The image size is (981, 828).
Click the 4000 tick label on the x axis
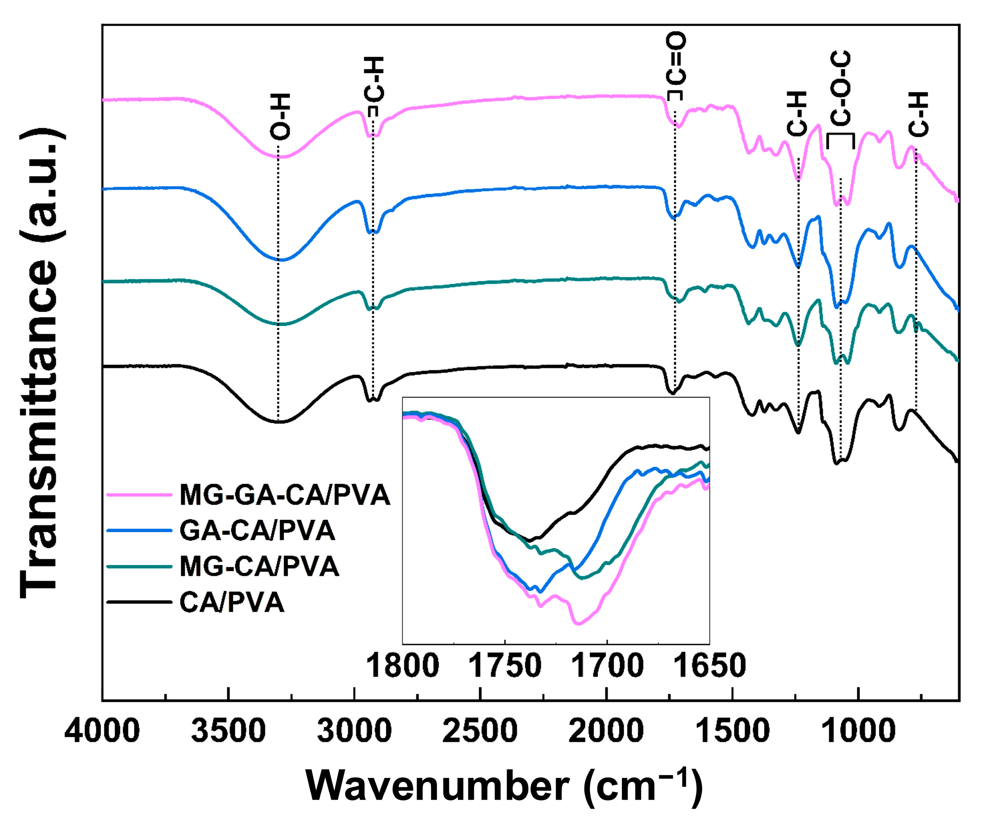coord(102,732)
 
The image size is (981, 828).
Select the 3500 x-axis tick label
coord(229,732)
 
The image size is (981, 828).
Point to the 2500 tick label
coord(480,732)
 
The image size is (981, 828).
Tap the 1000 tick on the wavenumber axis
coord(858,732)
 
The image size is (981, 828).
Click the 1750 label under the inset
coord(505,666)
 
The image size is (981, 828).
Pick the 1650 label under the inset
coord(709,666)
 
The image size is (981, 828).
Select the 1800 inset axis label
coord(403,666)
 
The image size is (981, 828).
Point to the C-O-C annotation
coord(840,89)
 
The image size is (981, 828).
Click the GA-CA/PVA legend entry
coord(257,531)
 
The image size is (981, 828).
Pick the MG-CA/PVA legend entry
coord(259,567)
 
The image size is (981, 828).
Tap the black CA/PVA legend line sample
coord(139,602)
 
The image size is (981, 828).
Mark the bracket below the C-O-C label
coord(840,136)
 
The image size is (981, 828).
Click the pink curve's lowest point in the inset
coord(578,624)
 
